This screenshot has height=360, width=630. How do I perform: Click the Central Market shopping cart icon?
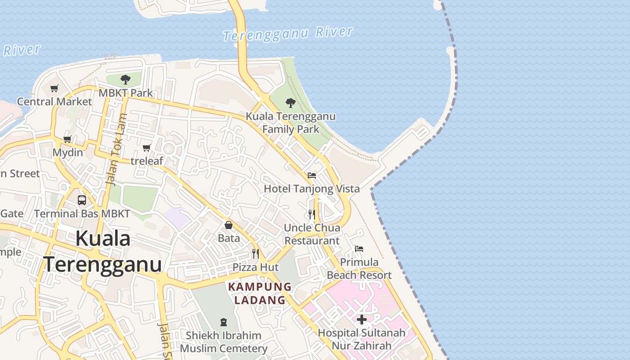point(54,88)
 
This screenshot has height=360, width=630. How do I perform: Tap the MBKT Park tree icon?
point(126,80)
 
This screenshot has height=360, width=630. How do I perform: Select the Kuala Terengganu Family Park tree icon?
point(291,103)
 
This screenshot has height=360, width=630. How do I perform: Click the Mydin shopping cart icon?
point(67,139)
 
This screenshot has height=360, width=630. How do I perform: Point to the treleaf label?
point(147,161)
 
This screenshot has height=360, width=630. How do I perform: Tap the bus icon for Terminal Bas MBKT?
point(82,200)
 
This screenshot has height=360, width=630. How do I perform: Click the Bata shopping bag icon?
point(229,225)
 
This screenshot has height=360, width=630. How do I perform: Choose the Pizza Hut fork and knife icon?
point(256,254)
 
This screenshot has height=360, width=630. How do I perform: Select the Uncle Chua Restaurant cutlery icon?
point(311,214)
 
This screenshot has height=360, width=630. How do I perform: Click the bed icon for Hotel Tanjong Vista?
point(311,175)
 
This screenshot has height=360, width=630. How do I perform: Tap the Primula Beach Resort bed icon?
point(359,248)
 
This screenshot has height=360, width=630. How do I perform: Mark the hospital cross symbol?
point(361,319)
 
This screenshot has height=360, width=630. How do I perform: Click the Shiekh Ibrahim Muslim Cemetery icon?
point(224,322)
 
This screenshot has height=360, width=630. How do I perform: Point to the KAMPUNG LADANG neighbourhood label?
point(260,293)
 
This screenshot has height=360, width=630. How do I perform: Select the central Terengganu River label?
point(288,34)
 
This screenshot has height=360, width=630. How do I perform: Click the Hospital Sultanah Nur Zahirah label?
point(361,339)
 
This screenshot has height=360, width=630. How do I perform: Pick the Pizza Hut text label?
point(256,267)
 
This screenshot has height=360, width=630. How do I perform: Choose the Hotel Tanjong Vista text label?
point(311,189)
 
